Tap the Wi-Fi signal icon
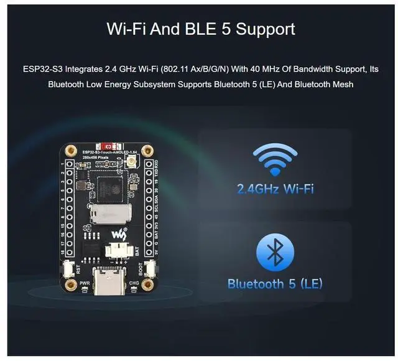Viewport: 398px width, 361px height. coord(275,160)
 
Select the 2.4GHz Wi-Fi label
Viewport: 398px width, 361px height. coord(275,188)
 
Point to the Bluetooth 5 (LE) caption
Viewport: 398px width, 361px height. coord(275,284)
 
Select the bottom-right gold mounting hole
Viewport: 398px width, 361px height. coord(147,286)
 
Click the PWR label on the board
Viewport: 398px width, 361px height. coord(85,283)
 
